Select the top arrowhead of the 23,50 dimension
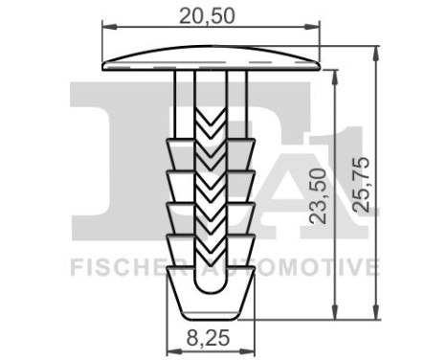click(333, 76)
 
